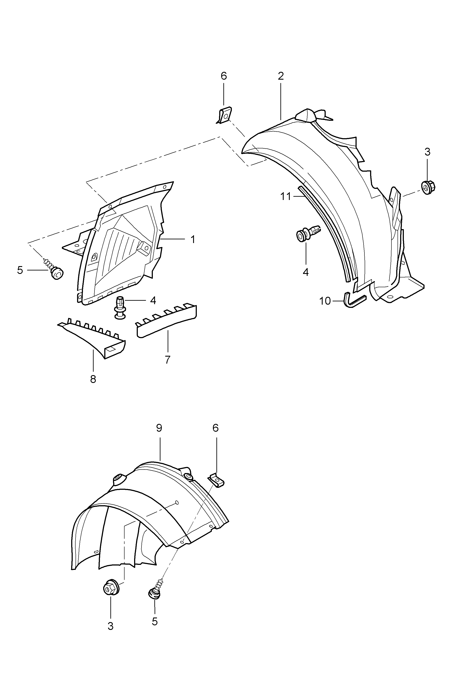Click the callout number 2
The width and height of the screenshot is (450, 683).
tap(281, 76)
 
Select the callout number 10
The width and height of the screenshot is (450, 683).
tap(325, 301)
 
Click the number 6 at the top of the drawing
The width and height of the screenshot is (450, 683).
tap(224, 76)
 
